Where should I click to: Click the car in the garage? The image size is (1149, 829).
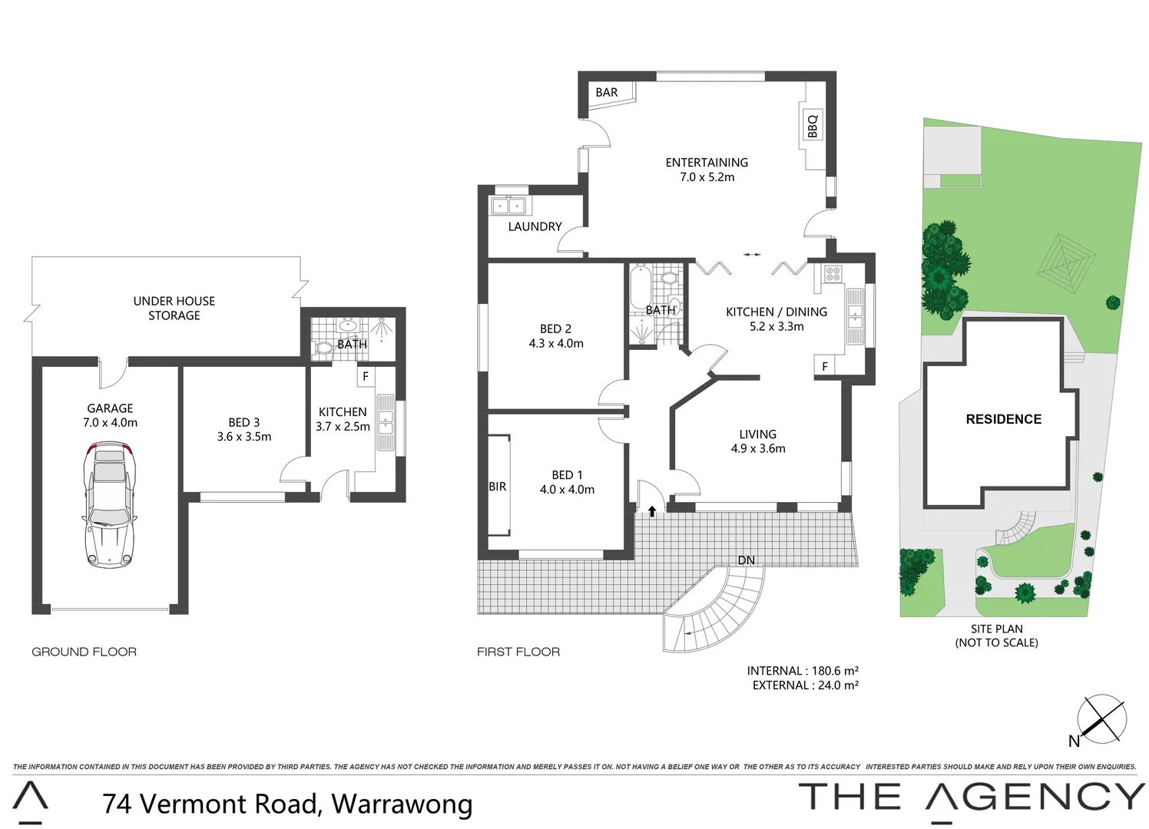109,504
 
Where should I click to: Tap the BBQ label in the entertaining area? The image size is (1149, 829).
813,125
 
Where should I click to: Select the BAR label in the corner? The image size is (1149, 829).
606,92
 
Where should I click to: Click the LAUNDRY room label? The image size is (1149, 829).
535,226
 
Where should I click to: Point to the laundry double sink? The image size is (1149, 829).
508,206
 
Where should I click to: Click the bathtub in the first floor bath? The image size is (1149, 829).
639,288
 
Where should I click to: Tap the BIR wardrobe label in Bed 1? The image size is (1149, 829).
497,487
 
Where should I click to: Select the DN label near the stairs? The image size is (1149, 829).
746,560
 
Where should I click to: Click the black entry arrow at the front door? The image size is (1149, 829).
652,511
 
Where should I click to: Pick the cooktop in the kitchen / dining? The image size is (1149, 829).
833,273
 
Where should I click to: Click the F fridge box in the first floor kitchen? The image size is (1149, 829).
825,366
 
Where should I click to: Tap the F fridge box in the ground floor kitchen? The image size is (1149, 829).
365,377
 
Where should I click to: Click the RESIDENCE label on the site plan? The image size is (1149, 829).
1003,419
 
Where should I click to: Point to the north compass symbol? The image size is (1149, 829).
1101,719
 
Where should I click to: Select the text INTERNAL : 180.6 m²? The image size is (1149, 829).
803,671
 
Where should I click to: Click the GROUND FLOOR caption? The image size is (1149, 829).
84,652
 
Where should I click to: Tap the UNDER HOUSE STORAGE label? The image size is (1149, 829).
174,308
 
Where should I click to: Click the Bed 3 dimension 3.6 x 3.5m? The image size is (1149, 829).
243,437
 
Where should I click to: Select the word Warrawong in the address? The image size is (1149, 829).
402,804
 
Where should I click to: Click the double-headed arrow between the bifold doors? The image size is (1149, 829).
752,255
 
